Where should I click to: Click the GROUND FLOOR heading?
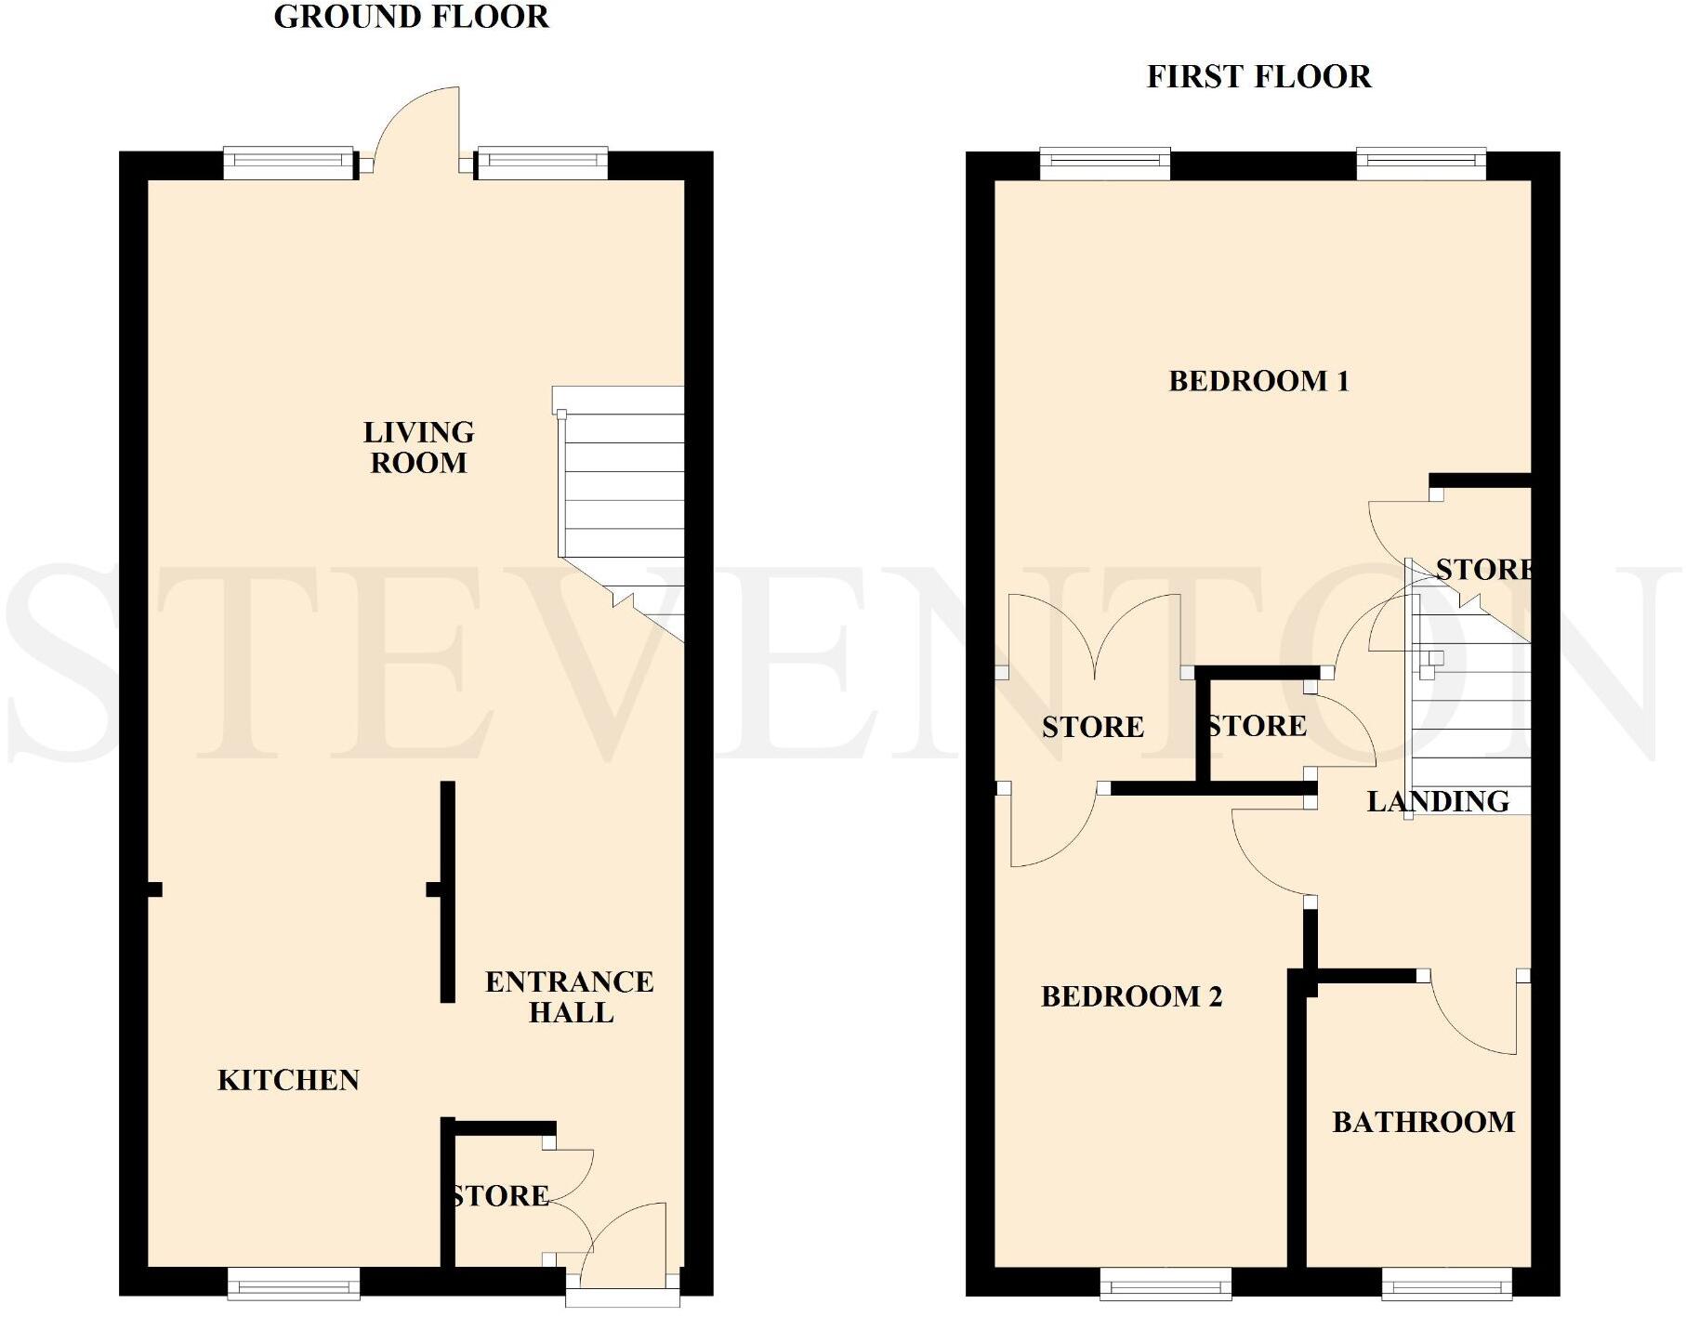tap(411, 17)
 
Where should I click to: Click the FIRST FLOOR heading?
tap(1258, 76)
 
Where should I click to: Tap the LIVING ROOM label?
tap(418, 447)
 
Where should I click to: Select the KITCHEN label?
tap(288, 1080)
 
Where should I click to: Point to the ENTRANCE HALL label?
tap(569, 996)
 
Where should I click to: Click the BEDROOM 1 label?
tap(1258, 381)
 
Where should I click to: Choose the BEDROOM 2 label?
tap(1131, 996)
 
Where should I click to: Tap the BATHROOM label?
tap(1423, 1122)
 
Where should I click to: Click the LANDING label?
tap(1437, 801)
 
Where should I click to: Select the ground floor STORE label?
tap(500, 1195)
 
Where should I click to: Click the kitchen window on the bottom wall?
tap(294, 1284)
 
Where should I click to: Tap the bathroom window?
tap(1446, 1284)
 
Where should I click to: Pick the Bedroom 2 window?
tap(1166, 1284)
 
